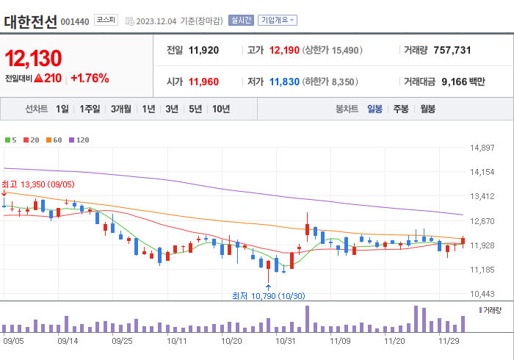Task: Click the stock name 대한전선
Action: pos(30,21)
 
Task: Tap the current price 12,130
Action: pos(33,58)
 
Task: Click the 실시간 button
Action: pos(241,21)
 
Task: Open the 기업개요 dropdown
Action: pos(278,21)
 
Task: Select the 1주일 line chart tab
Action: pos(90,109)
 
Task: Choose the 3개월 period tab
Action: pos(121,109)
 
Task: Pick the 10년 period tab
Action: pos(221,109)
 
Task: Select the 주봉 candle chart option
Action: pos(401,109)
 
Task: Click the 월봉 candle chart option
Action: pos(427,109)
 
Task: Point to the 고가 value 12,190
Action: pos(286,51)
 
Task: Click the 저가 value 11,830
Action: pos(286,82)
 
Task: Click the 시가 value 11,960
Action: pos(204,82)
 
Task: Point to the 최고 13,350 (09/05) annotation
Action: pos(37,184)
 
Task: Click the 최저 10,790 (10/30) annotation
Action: pos(267,295)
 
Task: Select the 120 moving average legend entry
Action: pos(79,140)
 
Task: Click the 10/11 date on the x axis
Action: pos(177,341)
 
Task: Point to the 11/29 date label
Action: pos(449,341)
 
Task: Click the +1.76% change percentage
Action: pos(90,78)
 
